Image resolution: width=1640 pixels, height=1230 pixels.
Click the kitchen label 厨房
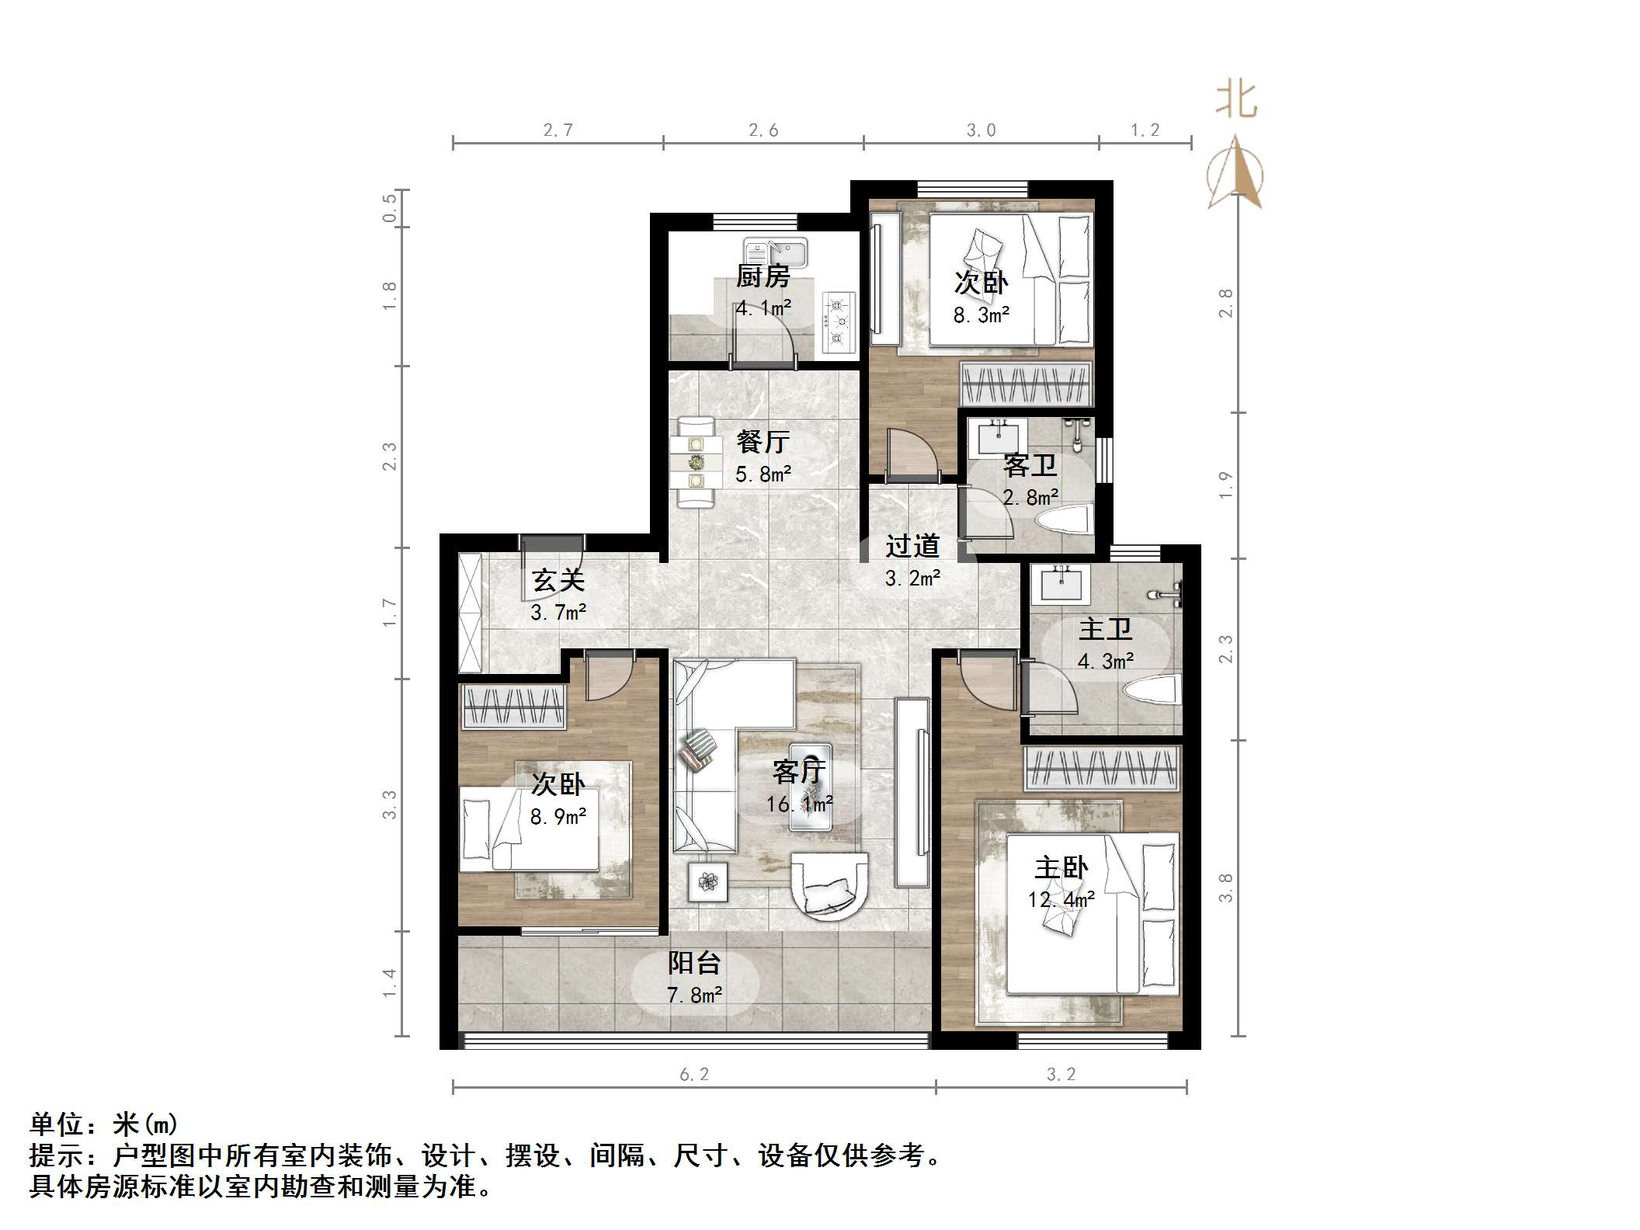point(763,276)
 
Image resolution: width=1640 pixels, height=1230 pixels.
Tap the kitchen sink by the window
point(775,252)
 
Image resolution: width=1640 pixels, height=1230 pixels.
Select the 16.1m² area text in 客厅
point(799,804)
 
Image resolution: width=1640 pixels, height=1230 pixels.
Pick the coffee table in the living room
point(810,787)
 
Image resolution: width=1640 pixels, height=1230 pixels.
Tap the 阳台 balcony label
point(694,963)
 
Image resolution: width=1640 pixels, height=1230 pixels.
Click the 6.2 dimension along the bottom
point(693,1074)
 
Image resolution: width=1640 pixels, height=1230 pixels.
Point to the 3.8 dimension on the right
point(1225,888)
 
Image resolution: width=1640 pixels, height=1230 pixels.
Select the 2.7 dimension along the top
point(558,130)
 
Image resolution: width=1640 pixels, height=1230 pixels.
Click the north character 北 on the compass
point(1235,101)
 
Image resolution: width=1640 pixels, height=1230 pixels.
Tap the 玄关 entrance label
point(558,580)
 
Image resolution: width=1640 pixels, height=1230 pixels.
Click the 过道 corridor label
point(912,546)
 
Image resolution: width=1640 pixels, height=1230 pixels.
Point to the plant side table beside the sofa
point(707,881)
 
